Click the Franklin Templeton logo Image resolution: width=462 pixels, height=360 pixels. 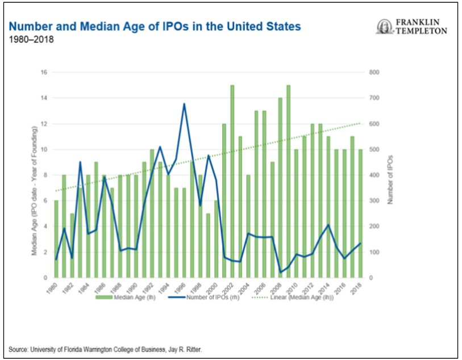(x=412, y=26)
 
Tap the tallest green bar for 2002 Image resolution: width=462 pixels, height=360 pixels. (x=232, y=182)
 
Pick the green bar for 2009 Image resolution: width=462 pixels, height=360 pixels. (x=289, y=182)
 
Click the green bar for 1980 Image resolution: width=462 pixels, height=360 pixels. (x=56, y=239)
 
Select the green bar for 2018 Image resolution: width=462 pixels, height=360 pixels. (x=360, y=214)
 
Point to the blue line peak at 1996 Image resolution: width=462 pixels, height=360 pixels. (x=184, y=104)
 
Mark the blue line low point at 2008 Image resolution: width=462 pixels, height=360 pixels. (x=280, y=272)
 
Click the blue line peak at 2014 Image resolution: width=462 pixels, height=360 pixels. (x=328, y=225)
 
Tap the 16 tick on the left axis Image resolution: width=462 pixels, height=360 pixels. (x=44, y=72)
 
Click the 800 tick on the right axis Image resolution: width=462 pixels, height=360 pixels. (x=373, y=72)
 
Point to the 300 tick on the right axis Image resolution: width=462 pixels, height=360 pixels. (x=373, y=201)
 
